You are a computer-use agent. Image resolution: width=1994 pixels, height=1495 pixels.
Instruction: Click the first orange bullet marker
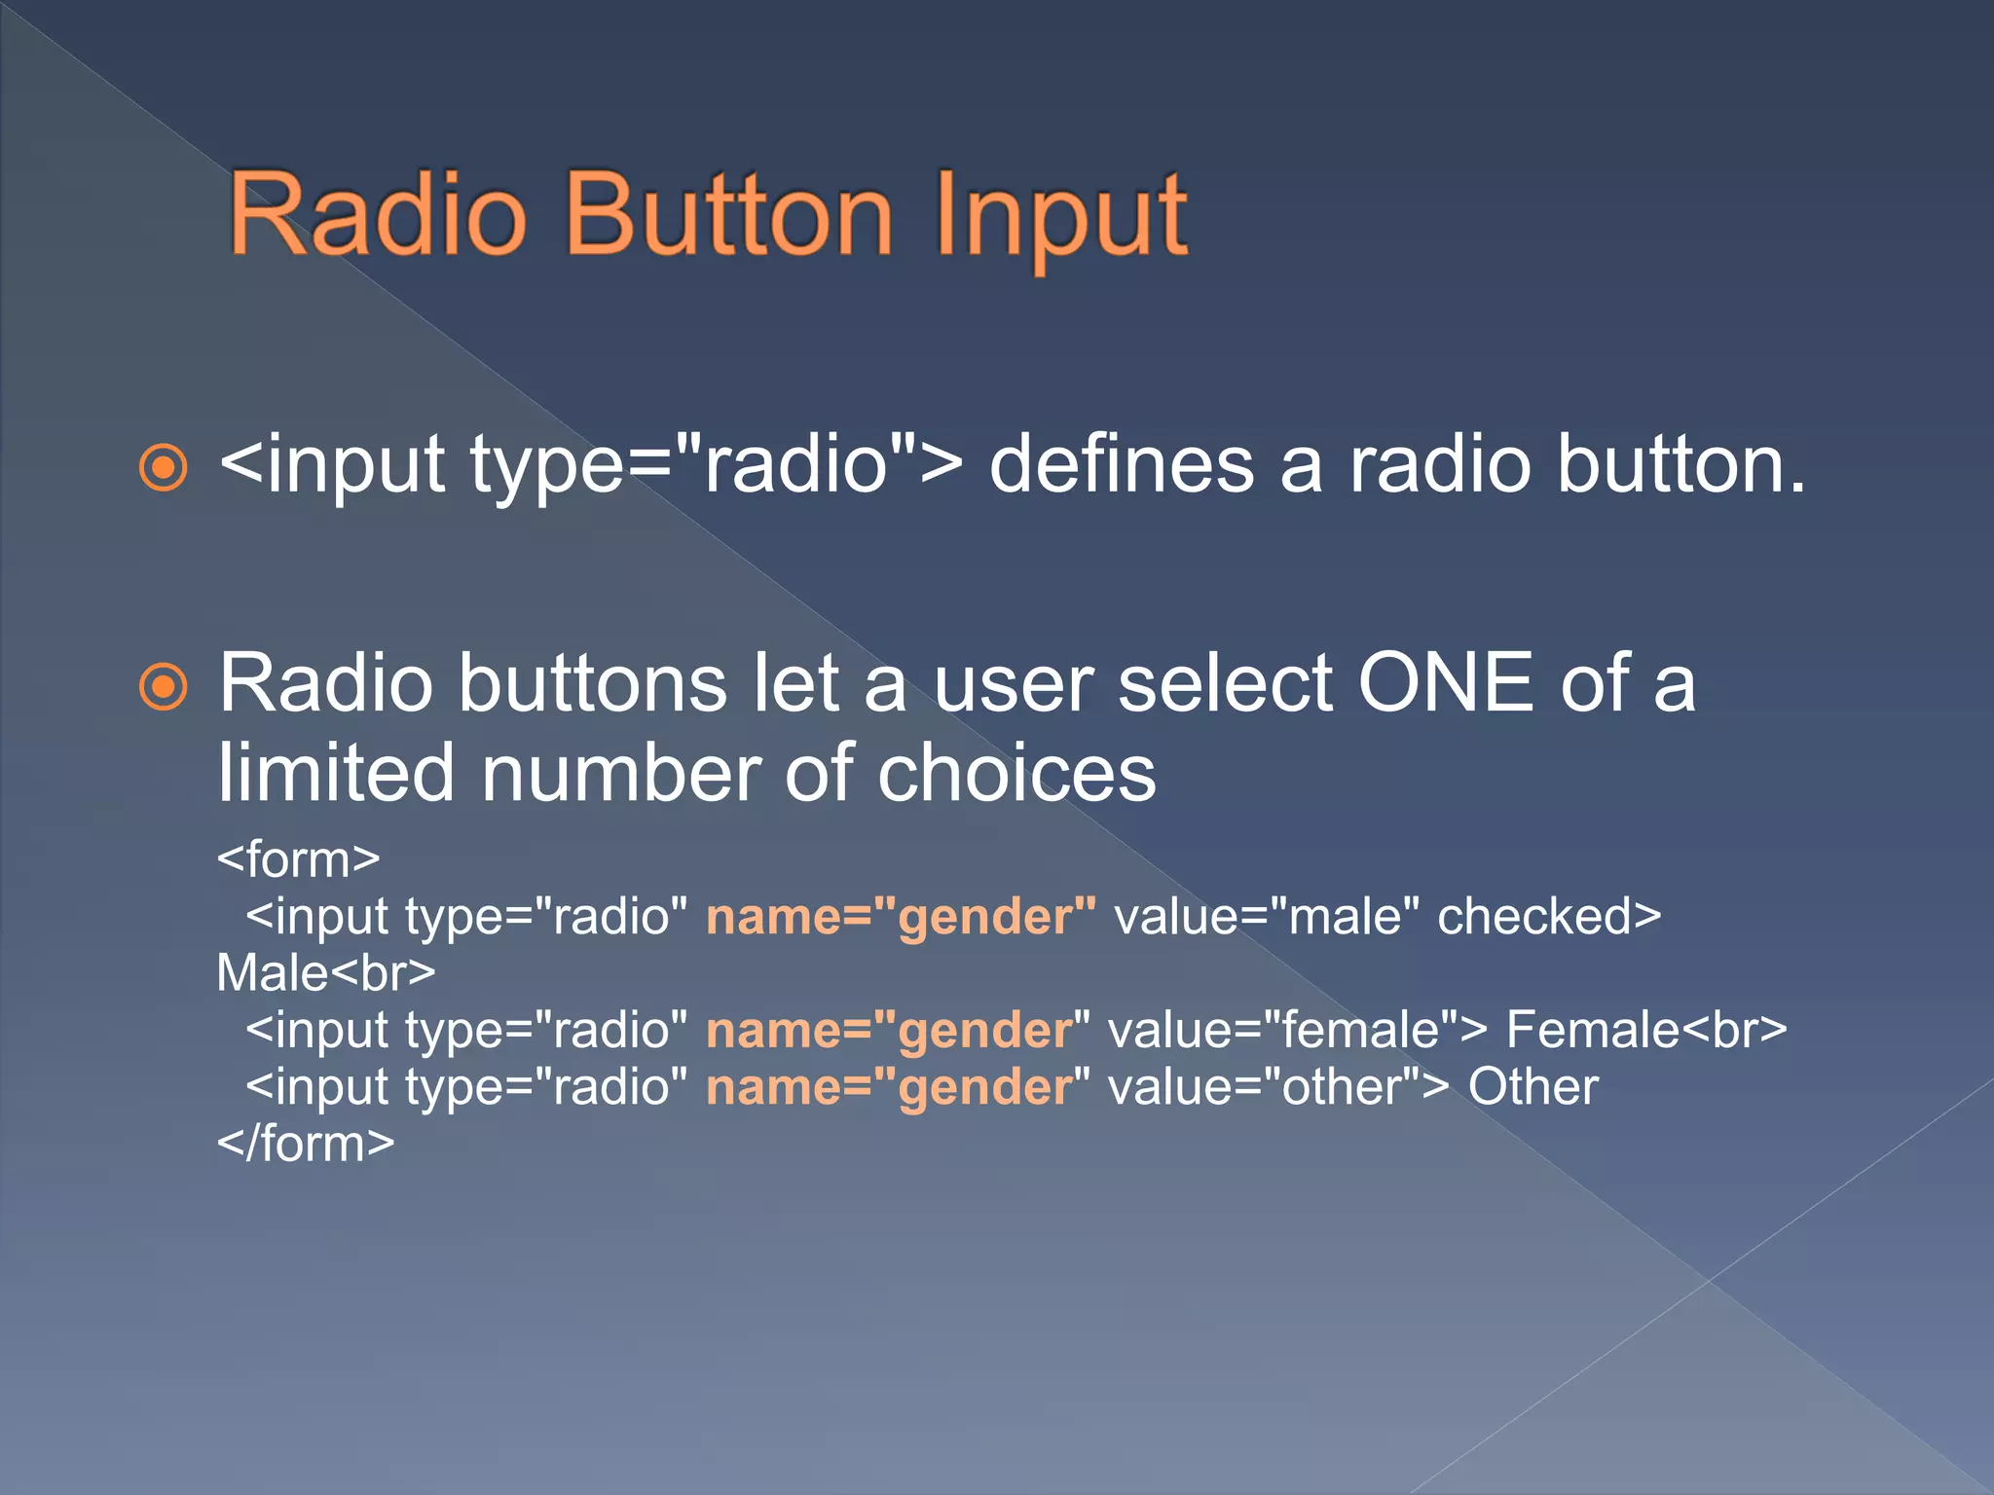pyautogui.click(x=163, y=468)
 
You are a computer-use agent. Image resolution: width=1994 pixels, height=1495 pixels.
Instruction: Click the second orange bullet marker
pyautogui.click(x=163, y=688)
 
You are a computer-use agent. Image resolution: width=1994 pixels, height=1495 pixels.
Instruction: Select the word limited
pyautogui.click(x=336, y=773)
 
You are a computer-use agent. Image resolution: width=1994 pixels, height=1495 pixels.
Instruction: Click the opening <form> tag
pyautogui.click(x=298, y=859)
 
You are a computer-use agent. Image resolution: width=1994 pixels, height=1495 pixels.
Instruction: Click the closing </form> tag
pyautogui.click(x=306, y=1144)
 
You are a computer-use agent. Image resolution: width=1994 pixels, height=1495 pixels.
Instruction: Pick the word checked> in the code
pyautogui.click(x=1549, y=917)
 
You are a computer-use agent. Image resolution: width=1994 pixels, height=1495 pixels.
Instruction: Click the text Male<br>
pyautogui.click(x=325, y=973)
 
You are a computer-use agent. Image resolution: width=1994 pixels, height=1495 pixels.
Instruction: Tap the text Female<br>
pyautogui.click(x=1646, y=1030)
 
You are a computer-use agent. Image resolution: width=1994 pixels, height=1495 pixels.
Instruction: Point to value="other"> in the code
pyautogui.click(x=1278, y=1087)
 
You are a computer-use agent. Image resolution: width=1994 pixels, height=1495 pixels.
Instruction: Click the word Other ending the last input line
pyautogui.click(x=1532, y=1087)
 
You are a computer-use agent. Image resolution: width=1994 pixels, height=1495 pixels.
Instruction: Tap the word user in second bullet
pyautogui.click(x=1013, y=683)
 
